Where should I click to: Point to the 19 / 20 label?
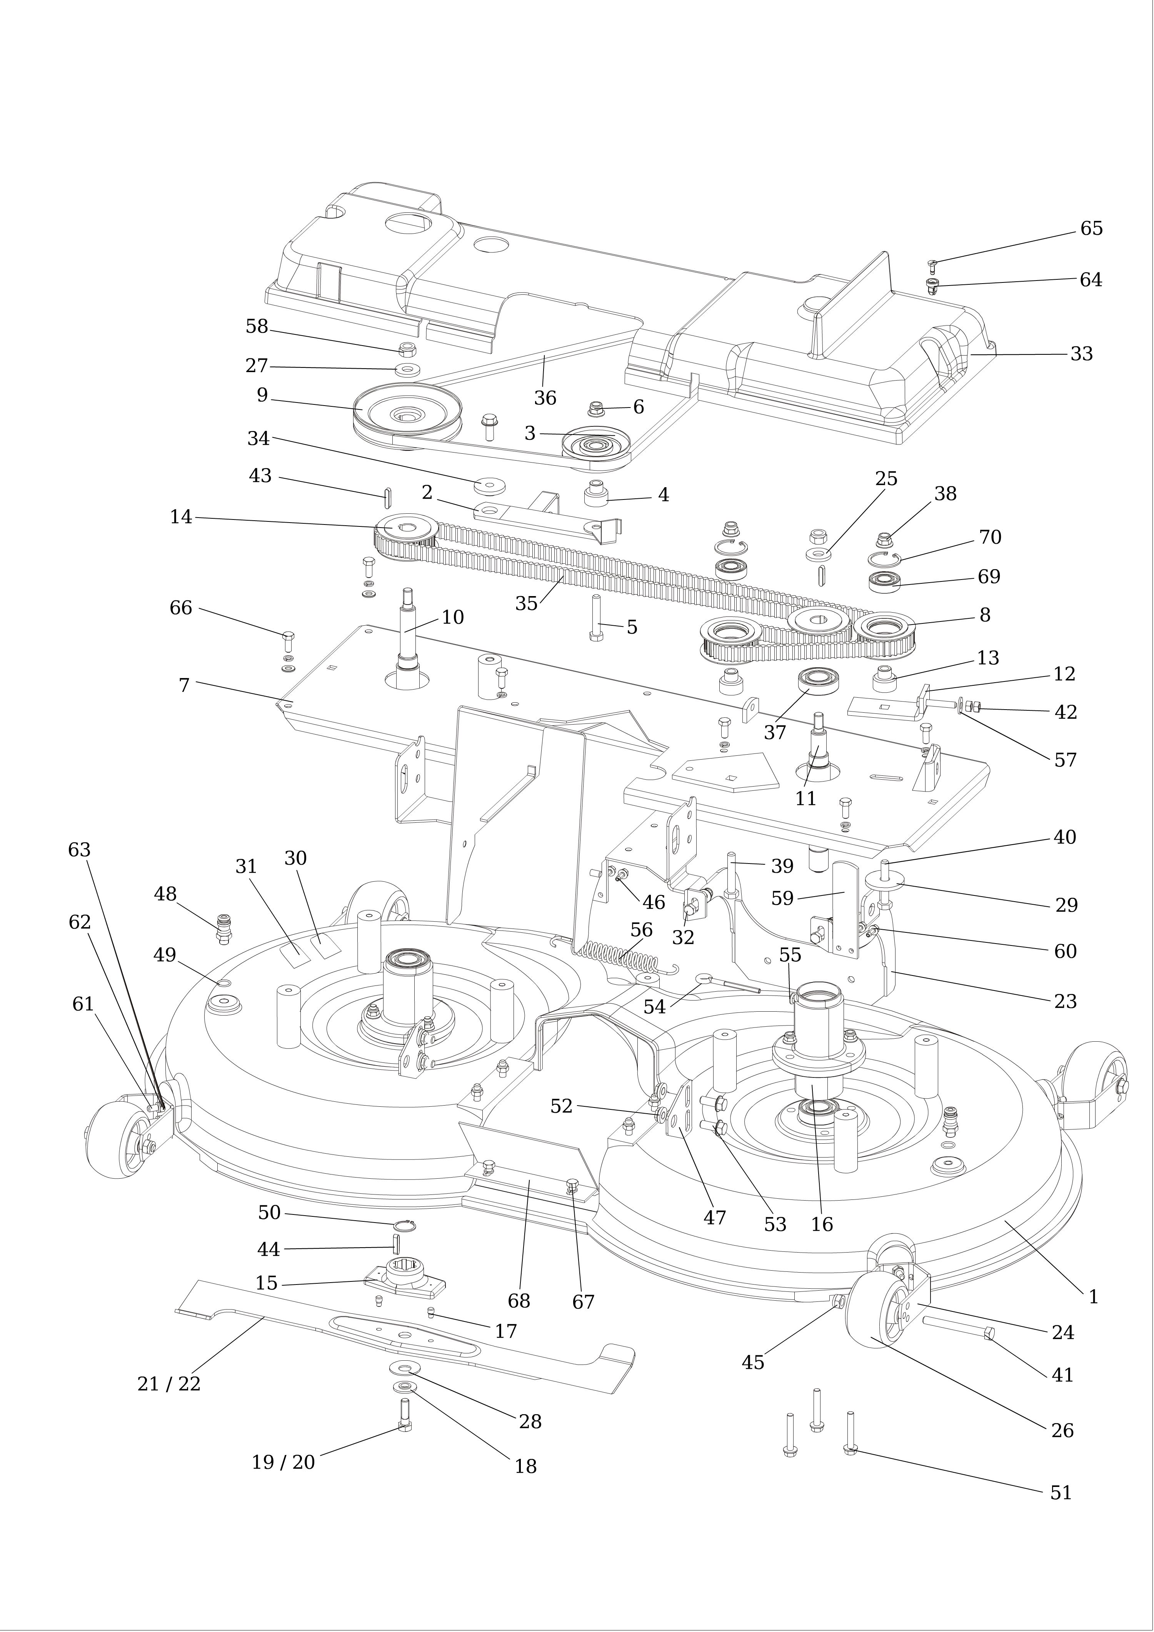[283, 1462]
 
